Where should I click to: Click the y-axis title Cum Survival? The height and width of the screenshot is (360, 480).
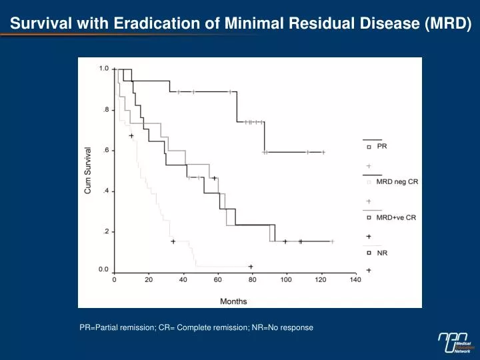[88, 171]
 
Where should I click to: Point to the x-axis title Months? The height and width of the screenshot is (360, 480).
[233, 301]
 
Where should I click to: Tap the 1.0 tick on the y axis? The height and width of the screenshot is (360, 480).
[104, 68]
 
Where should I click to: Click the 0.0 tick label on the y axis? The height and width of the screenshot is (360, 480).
[104, 269]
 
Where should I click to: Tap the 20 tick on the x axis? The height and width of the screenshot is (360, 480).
[149, 280]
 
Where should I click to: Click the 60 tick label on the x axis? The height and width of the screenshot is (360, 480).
[217, 280]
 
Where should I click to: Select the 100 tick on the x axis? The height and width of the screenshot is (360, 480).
[286, 280]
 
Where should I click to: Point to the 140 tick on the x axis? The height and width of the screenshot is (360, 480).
[355, 280]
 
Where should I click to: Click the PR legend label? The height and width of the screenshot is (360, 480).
[382, 146]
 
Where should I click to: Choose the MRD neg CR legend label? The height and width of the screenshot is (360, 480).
[397, 182]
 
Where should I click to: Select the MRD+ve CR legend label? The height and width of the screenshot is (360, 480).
[396, 217]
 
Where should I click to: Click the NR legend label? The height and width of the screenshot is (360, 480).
[382, 253]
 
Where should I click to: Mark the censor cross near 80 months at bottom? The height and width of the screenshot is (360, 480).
[251, 267]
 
